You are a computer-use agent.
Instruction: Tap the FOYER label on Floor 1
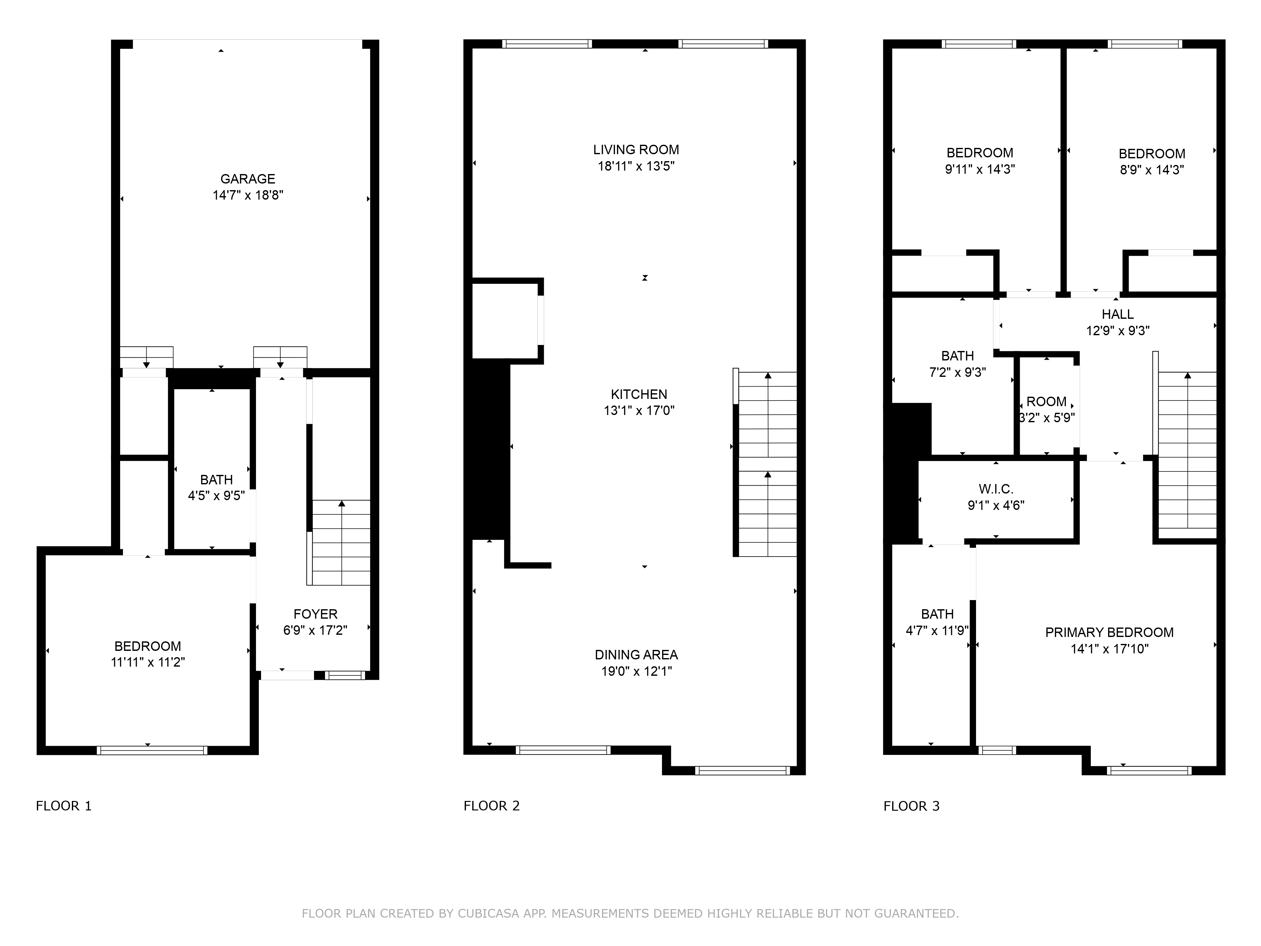click(x=315, y=614)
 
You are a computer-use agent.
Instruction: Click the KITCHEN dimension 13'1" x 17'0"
click(x=639, y=411)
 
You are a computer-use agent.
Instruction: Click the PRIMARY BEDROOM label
click(x=1109, y=632)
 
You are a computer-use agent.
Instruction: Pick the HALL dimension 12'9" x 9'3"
click(x=1117, y=331)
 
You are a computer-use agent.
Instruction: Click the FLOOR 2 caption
click(x=491, y=806)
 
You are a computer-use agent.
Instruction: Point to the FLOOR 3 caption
click(x=911, y=806)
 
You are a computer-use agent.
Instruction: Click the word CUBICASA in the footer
click(x=488, y=914)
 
